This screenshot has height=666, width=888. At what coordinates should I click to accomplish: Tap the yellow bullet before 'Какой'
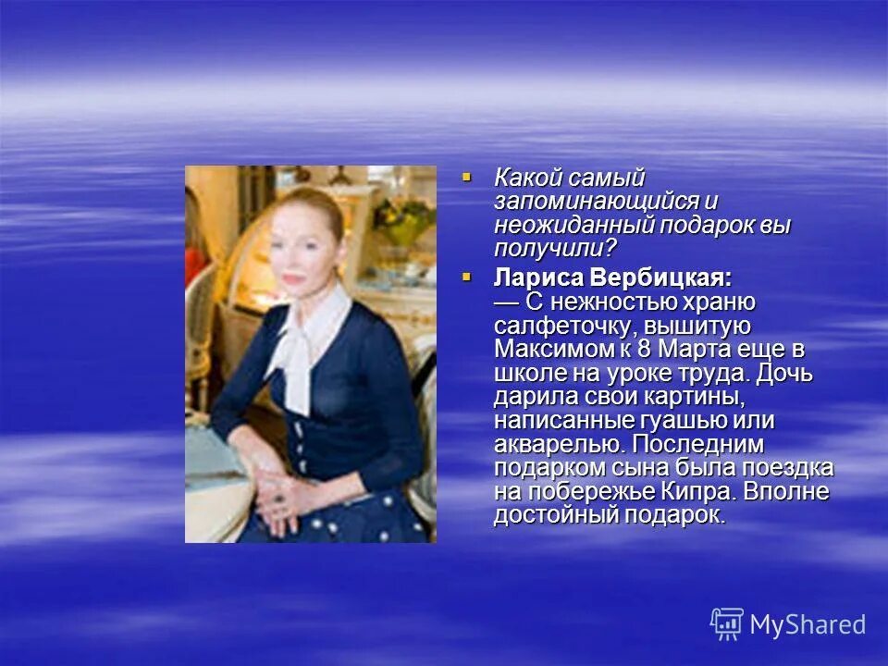click(x=467, y=175)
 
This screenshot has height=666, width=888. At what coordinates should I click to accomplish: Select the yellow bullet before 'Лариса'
click(x=467, y=276)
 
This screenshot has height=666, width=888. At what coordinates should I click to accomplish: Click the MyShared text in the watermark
click(x=808, y=624)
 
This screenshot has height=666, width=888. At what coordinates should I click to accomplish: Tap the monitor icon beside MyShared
click(x=727, y=623)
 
